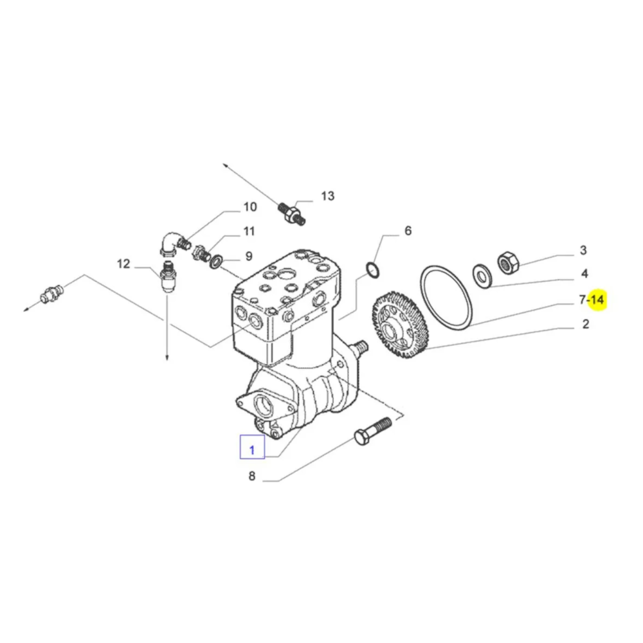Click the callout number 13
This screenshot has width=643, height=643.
(328, 196)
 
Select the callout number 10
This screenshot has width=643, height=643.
(250, 206)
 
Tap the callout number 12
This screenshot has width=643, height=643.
(123, 264)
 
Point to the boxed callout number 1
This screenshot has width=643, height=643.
(252, 450)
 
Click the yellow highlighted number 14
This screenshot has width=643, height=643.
(597, 300)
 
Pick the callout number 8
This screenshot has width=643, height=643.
(252, 476)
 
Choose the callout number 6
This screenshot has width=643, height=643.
(408, 231)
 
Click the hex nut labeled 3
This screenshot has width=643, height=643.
(509, 262)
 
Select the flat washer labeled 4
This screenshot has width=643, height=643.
(482, 276)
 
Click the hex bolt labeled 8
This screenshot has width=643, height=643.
(372, 431)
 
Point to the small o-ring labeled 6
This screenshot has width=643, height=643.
(372, 271)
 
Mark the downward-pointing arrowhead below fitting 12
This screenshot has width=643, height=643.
(167, 357)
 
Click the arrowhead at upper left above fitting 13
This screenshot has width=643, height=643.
(226, 165)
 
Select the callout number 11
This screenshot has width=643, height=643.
(249, 231)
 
